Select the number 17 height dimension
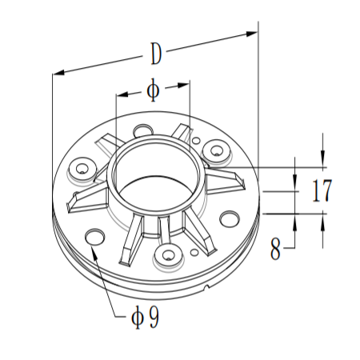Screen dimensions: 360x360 [x=322, y=191]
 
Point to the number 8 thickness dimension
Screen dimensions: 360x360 [x=275, y=250]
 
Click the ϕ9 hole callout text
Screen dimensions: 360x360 [x=144, y=318]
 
